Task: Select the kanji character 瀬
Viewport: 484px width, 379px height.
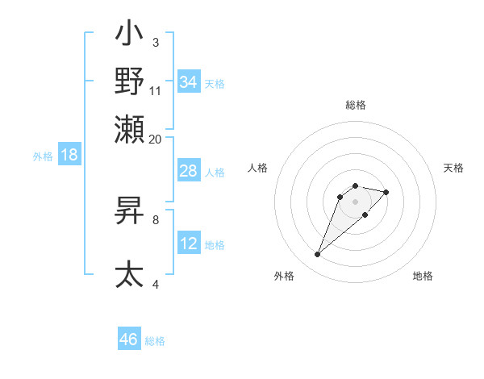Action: click(129, 127)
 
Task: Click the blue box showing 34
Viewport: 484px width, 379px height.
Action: click(189, 82)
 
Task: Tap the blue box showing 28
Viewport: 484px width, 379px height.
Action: click(189, 171)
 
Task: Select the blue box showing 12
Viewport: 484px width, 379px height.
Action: click(189, 244)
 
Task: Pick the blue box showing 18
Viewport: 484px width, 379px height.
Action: click(69, 155)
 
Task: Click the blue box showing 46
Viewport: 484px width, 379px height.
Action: click(129, 339)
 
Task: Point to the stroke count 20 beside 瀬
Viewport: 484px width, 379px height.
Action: click(156, 139)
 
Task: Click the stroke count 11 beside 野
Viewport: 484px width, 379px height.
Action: click(156, 90)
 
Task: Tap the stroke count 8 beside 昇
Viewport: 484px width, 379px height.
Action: click(156, 218)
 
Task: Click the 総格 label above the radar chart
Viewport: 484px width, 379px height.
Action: click(355, 106)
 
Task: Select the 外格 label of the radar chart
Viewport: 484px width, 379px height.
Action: click(284, 276)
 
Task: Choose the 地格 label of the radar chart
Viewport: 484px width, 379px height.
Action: click(423, 276)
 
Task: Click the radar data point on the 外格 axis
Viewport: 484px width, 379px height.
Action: click(317, 255)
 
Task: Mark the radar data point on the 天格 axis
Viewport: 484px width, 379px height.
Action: click(386, 192)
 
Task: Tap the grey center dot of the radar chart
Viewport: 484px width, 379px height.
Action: click(355, 202)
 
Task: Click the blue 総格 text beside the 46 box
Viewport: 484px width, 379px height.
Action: click(155, 341)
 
